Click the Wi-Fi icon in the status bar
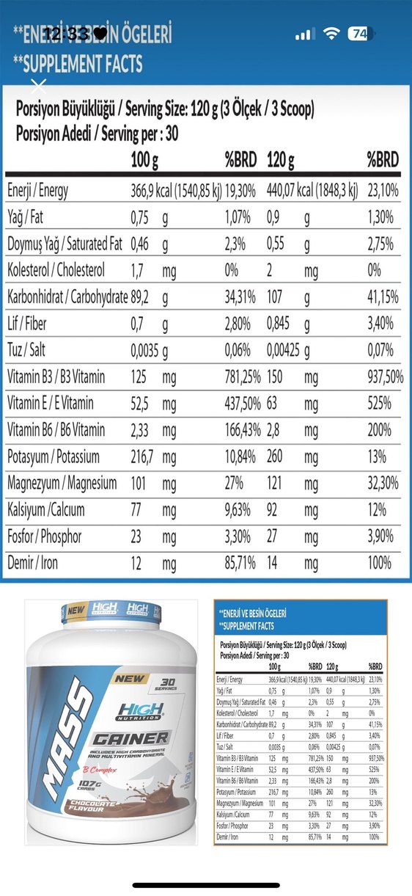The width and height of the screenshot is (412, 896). [332, 34]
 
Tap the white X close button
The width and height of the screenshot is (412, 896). [40, 85]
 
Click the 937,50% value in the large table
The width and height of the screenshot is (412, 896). [385, 376]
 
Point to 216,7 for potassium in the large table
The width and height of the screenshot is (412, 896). [145, 456]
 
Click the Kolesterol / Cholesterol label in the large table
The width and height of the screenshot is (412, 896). [56, 270]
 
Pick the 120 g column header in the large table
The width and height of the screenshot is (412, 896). [281, 159]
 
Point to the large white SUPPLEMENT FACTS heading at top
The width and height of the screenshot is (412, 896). [78, 64]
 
